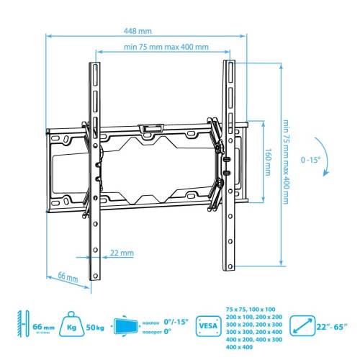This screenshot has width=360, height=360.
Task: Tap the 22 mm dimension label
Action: [x=122, y=253]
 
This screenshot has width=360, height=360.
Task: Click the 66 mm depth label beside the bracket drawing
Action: [x=66, y=276]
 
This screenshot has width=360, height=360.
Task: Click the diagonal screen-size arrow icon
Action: [x=302, y=327]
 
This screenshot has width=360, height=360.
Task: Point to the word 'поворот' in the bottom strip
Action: [x=150, y=332]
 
